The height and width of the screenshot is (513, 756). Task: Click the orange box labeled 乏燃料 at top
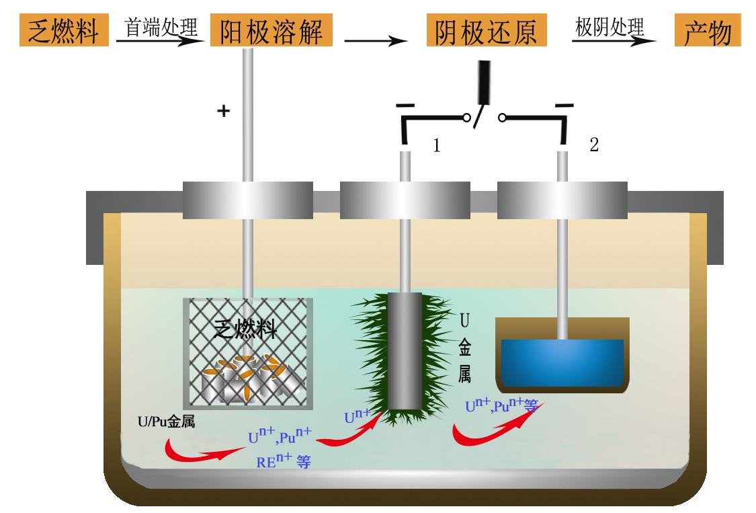[x=64, y=31]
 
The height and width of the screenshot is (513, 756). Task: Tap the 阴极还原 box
[x=487, y=31]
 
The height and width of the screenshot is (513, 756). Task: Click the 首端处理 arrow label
[x=161, y=28]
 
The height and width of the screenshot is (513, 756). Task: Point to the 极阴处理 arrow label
[x=610, y=28]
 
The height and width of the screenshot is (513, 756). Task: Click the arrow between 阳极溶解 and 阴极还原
[x=376, y=41]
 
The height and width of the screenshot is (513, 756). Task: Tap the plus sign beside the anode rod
[x=223, y=111]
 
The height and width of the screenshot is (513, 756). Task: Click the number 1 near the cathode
[x=437, y=145]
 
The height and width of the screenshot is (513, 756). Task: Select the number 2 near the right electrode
[x=594, y=145]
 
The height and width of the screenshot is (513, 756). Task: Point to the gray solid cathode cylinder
[x=405, y=350]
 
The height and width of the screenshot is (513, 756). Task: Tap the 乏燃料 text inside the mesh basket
[x=245, y=329]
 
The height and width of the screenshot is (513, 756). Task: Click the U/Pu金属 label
[x=166, y=422]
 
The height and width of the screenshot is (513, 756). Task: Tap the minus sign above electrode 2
[x=564, y=106]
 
